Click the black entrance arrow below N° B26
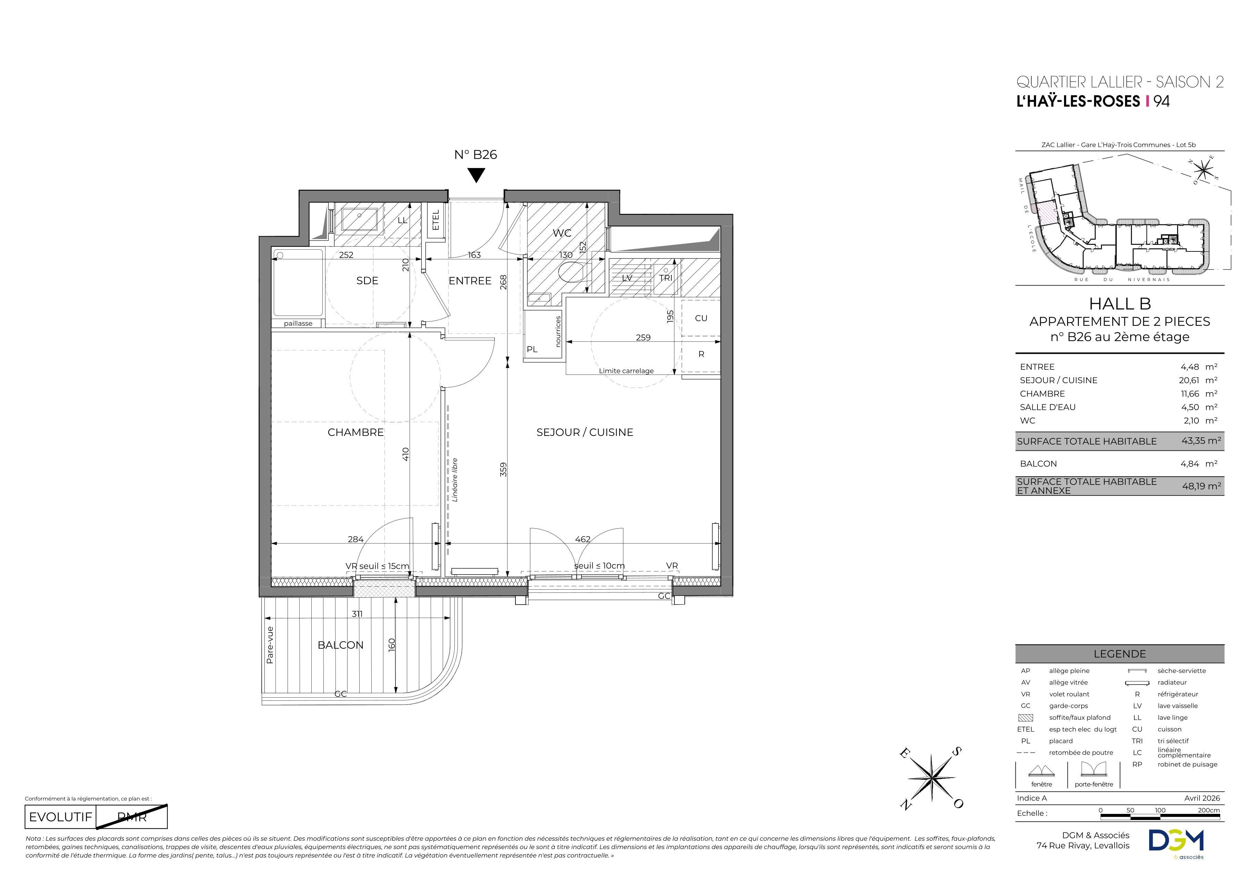point(476,175)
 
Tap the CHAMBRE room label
point(355,432)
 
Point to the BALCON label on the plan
point(340,645)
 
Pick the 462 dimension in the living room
point(583,539)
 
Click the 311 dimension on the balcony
point(357,614)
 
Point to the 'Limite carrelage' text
point(626,371)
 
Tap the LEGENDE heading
point(1120,654)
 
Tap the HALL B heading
point(1120,304)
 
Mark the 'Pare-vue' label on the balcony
point(270,645)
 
